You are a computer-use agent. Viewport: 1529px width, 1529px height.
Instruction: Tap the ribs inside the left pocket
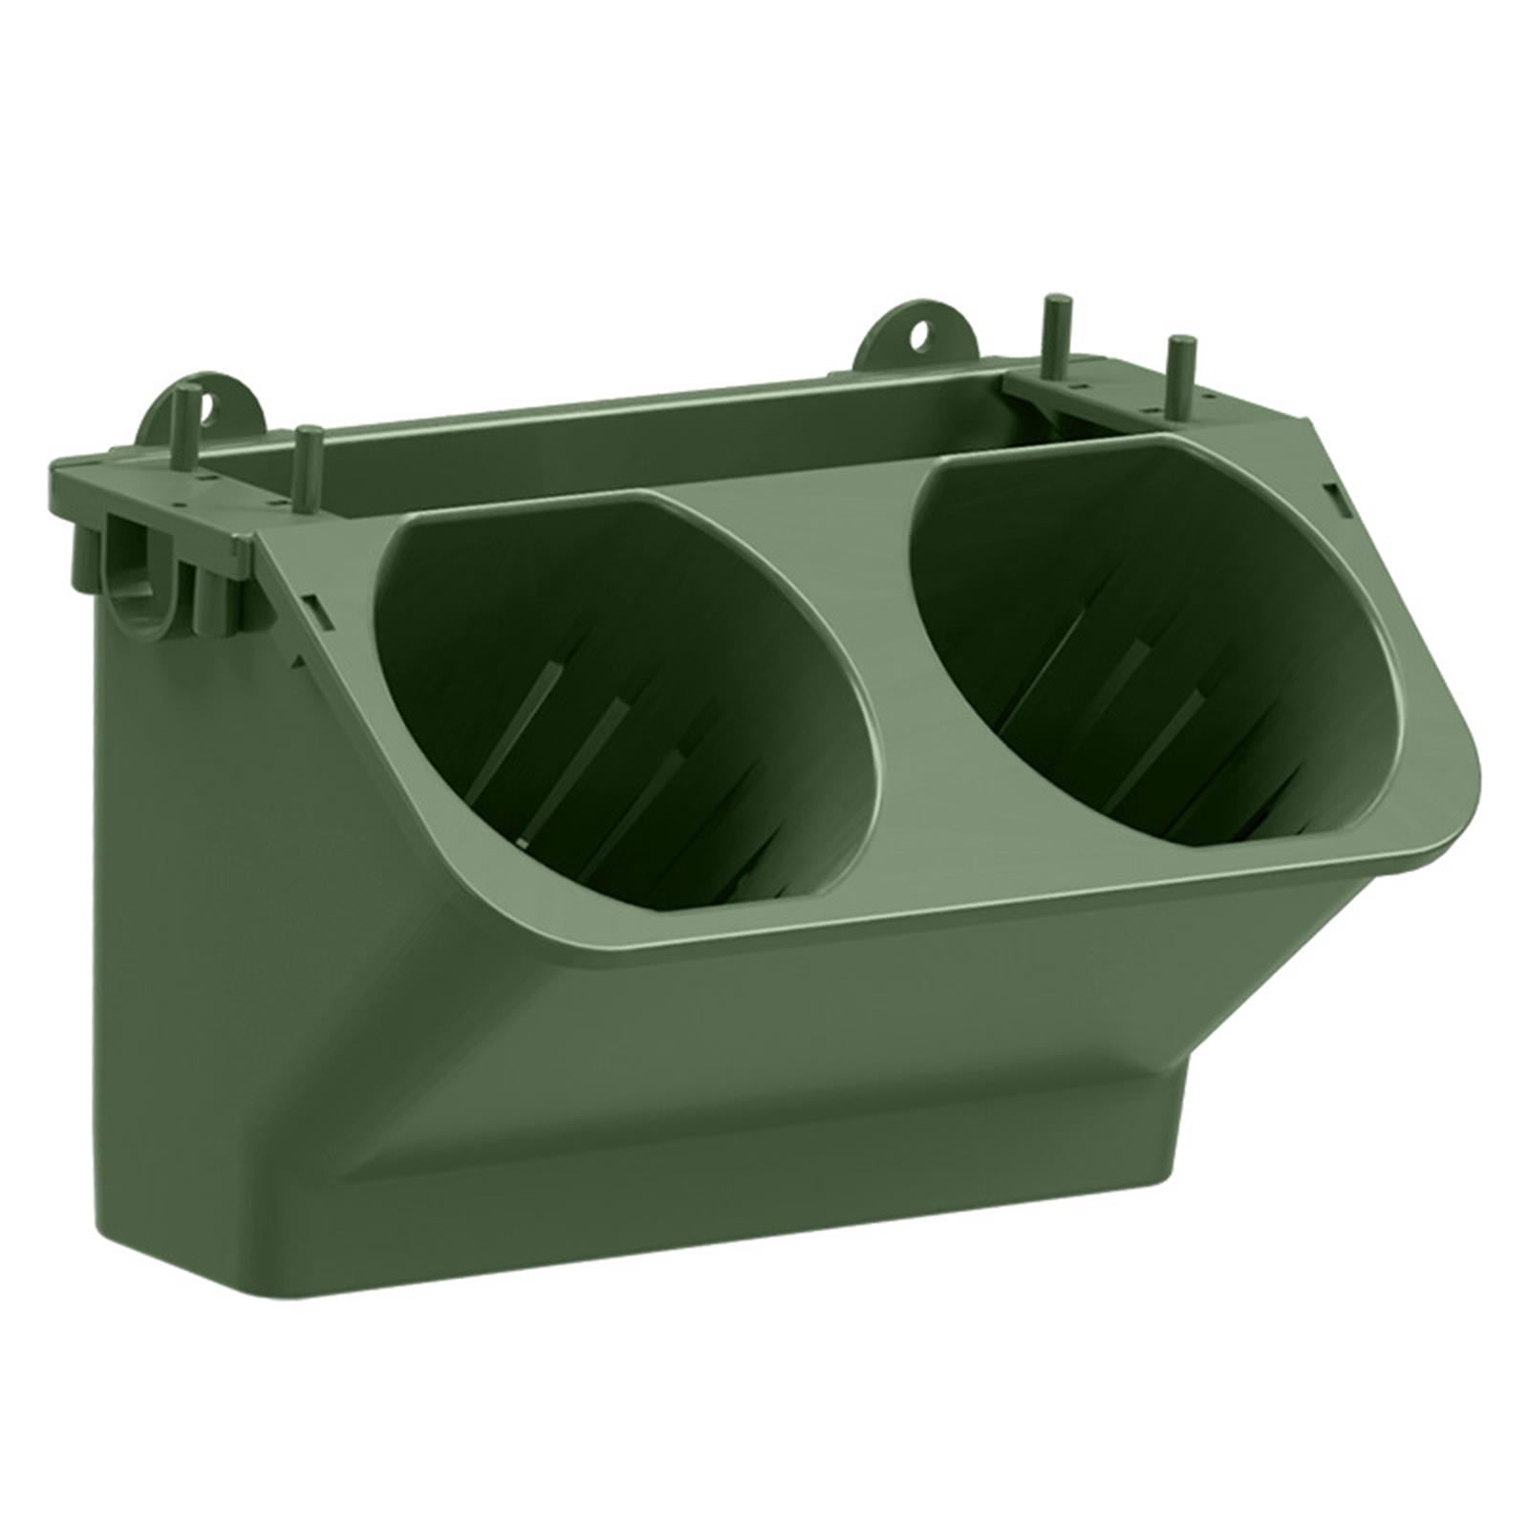[592, 764]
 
